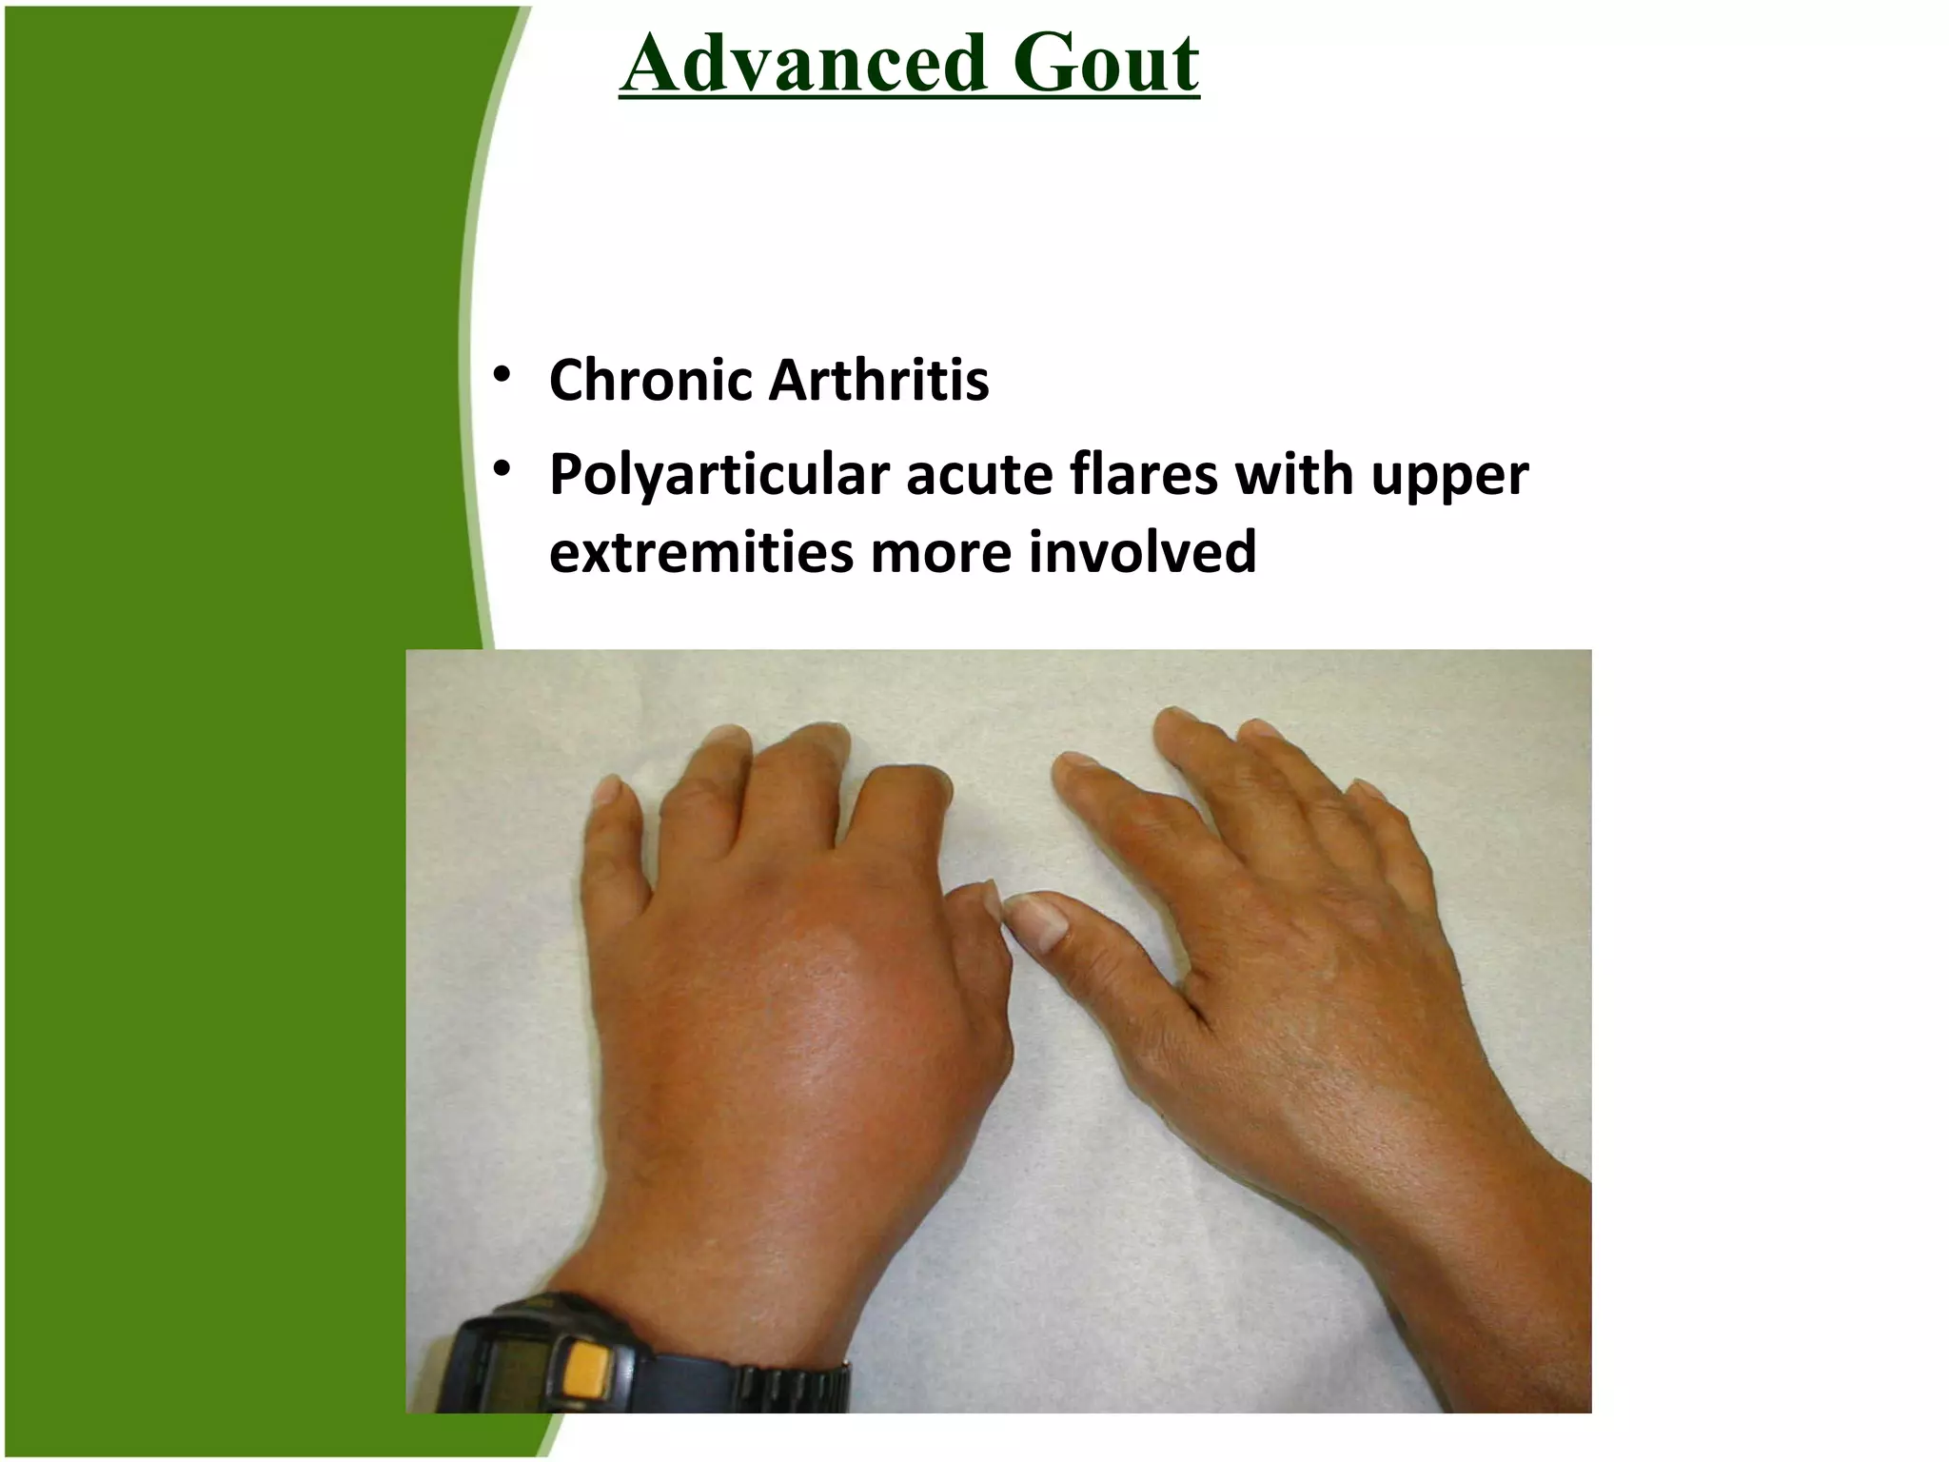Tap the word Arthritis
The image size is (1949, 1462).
[x=878, y=381]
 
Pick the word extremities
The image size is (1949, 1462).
[x=701, y=552]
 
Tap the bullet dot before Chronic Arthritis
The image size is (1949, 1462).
[x=502, y=374]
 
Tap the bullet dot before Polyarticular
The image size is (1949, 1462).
[x=502, y=468]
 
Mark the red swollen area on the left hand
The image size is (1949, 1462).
[x=828, y=1009]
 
